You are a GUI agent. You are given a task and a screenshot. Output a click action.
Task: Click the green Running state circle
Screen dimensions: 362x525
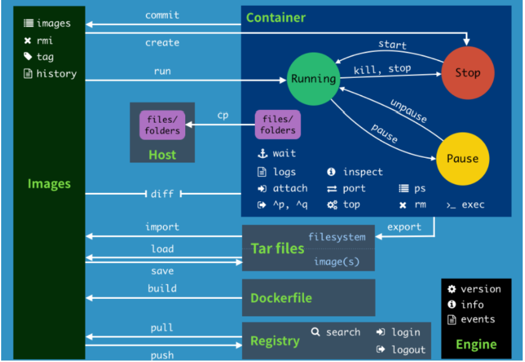(x=313, y=78)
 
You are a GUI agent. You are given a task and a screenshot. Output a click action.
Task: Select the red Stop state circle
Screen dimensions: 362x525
(x=468, y=73)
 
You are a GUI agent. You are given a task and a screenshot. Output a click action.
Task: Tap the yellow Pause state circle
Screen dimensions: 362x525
(x=462, y=158)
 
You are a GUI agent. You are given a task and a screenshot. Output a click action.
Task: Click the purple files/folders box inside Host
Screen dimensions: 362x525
(x=162, y=125)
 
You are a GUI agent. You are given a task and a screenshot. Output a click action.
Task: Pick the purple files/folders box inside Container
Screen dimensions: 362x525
(x=278, y=125)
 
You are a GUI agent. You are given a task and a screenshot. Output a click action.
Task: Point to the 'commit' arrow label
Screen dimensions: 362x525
(x=162, y=15)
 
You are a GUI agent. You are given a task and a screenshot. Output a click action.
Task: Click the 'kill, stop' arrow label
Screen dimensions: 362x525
(x=382, y=69)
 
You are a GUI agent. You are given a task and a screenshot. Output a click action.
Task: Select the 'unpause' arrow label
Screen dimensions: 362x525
(x=408, y=111)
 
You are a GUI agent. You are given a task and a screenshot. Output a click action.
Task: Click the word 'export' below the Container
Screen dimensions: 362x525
(x=404, y=227)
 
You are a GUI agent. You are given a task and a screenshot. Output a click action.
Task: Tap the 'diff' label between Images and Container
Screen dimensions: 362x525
(x=162, y=194)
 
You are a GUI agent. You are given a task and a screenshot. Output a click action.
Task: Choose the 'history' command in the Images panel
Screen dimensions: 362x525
(x=56, y=74)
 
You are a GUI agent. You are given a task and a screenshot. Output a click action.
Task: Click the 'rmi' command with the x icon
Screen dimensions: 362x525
(x=45, y=40)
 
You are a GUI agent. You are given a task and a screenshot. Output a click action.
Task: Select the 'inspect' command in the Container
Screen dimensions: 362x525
(x=363, y=172)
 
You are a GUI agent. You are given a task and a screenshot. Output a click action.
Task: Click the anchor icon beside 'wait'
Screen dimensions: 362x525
(x=262, y=154)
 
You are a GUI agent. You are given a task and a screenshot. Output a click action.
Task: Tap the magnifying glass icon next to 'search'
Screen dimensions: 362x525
(x=315, y=332)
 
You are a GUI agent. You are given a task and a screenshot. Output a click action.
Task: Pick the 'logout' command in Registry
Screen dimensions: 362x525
(x=408, y=350)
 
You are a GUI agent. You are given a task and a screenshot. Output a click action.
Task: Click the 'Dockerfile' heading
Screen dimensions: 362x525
(x=281, y=298)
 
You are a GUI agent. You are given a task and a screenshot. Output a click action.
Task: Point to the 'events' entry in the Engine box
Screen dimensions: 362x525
(x=478, y=319)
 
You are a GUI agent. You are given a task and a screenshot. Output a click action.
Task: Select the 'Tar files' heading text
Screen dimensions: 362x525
(x=278, y=249)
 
